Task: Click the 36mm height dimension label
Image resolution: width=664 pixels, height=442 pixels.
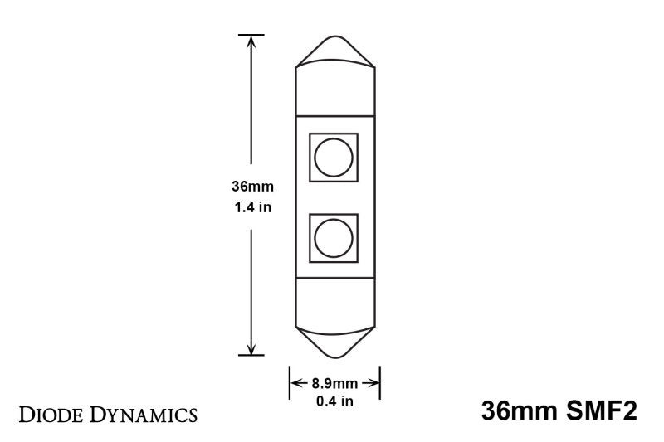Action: coord(251,187)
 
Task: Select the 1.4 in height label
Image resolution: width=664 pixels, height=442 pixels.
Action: coord(251,207)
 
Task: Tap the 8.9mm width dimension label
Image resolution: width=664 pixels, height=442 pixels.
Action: coord(334,383)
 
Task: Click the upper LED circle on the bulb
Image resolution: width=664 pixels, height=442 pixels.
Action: coord(334,157)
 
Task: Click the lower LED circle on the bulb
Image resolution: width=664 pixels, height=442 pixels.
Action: coord(334,238)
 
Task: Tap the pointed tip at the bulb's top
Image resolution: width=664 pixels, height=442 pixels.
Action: coord(335,39)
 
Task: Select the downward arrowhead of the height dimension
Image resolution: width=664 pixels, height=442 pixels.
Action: coord(251,348)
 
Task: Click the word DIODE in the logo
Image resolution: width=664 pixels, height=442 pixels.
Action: coord(47,412)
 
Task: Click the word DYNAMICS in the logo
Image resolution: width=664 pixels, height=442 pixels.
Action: coord(140,412)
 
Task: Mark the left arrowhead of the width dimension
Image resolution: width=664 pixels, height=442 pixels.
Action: coord(295,383)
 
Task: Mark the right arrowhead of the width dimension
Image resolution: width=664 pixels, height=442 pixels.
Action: coord(375,383)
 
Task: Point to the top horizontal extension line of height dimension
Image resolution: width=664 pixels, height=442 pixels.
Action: coord(251,35)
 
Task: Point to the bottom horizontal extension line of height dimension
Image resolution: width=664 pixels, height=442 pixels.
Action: coord(251,356)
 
